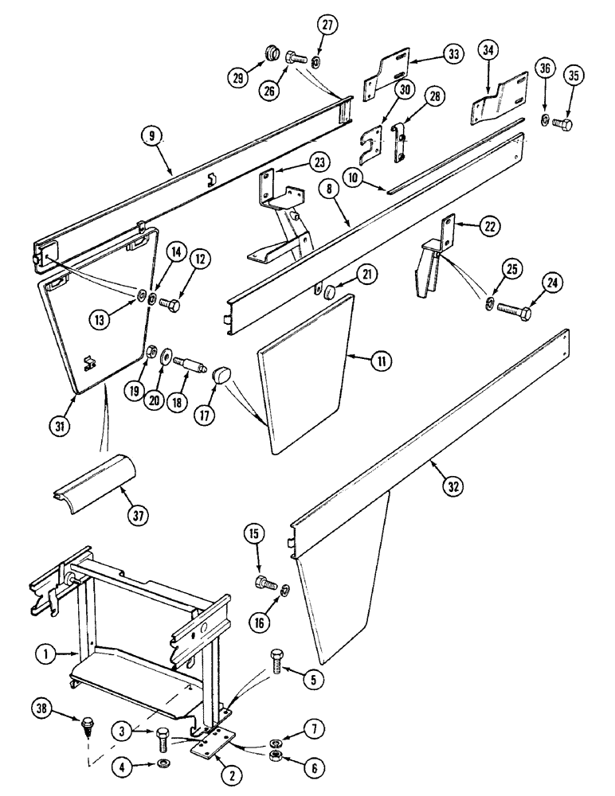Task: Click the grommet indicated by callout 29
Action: click(x=270, y=55)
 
